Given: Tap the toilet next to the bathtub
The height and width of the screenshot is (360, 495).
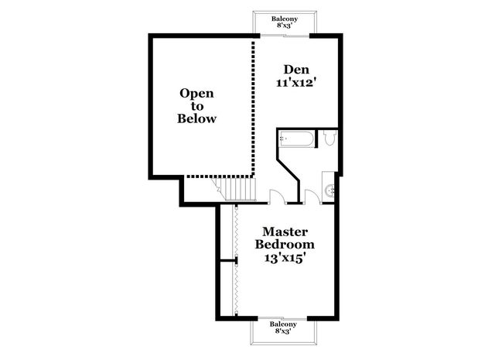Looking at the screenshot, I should click(329, 139).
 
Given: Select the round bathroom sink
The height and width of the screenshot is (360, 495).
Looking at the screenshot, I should click(329, 189).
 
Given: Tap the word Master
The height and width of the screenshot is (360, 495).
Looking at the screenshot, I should click(285, 231).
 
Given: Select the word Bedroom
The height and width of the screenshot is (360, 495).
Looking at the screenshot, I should click(285, 244).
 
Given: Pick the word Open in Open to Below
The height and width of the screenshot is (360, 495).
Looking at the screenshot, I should click(196, 94).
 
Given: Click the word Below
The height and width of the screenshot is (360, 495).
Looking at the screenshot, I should click(196, 119).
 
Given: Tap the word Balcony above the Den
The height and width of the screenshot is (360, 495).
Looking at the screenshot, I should click(285, 18).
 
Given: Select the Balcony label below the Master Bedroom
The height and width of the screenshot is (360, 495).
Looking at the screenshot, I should click(284, 326).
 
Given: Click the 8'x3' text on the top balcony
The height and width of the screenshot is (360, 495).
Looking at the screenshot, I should click(285, 26).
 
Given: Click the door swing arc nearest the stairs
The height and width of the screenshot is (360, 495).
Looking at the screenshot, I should click(276, 196).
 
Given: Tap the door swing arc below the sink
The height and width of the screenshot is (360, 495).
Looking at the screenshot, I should click(312, 195).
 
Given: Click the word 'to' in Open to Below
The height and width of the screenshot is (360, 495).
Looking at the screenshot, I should click(196, 106).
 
